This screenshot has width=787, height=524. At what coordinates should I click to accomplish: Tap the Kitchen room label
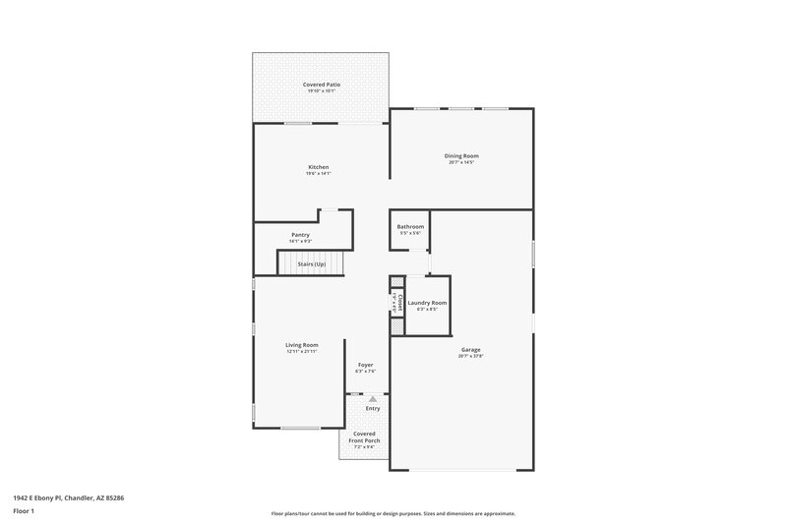(x=318, y=167)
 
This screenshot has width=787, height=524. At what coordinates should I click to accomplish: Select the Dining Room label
(x=461, y=155)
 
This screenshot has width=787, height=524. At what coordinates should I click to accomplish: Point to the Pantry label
(x=300, y=235)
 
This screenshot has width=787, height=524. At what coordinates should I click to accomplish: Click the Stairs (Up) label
(x=312, y=263)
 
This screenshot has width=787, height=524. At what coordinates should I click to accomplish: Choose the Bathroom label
(x=410, y=227)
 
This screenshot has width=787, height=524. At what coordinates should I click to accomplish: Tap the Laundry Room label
(x=428, y=303)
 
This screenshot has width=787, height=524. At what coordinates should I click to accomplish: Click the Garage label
(x=471, y=349)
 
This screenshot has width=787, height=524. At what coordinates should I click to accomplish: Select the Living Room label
(x=302, y=345)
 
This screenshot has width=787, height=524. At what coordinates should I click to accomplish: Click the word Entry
(x=373, y=408)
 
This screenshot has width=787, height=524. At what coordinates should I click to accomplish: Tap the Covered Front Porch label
(x=365, y=437)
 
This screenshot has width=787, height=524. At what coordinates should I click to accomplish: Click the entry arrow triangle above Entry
(x=373, y=399)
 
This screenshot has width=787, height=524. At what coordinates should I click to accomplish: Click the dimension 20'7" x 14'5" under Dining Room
(x=461, y=162)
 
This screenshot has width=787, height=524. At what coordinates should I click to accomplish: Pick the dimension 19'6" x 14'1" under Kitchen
(x=318, y=174)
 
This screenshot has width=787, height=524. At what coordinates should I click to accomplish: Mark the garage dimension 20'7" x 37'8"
(x=471, y=356)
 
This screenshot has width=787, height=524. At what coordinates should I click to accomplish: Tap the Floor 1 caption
(x=24, y=512)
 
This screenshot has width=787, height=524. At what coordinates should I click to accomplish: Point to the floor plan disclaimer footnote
(x=393, y=513)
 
